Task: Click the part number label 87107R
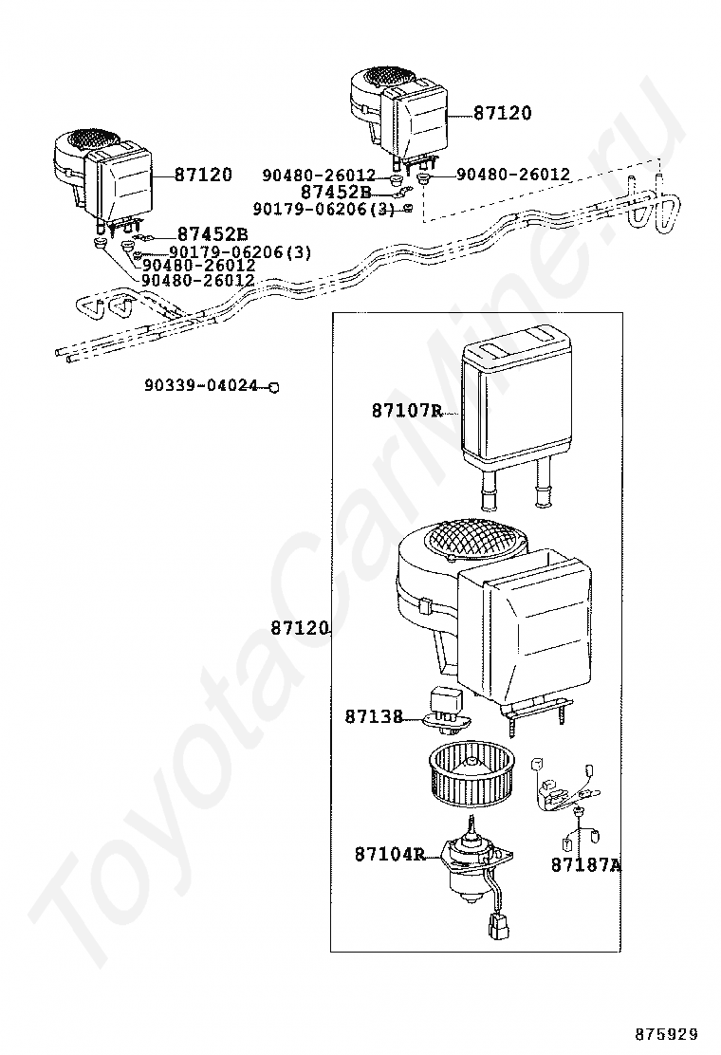click(x=407, y=411)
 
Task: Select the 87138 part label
click(x=374, y=716)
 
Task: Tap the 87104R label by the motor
click(x=390, y=854)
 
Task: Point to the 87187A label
click(x=586, y=864)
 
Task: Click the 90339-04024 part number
click(x=201, y=385)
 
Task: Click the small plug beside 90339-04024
click(x=274, y=387)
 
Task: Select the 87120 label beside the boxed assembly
click(x=300, y=628)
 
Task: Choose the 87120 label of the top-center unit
click(x=503, y=113)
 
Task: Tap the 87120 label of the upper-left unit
click(x=203, y=175)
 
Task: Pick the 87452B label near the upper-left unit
click(x=213, y=234)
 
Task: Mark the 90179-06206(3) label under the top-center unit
click(x=324, y=210)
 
